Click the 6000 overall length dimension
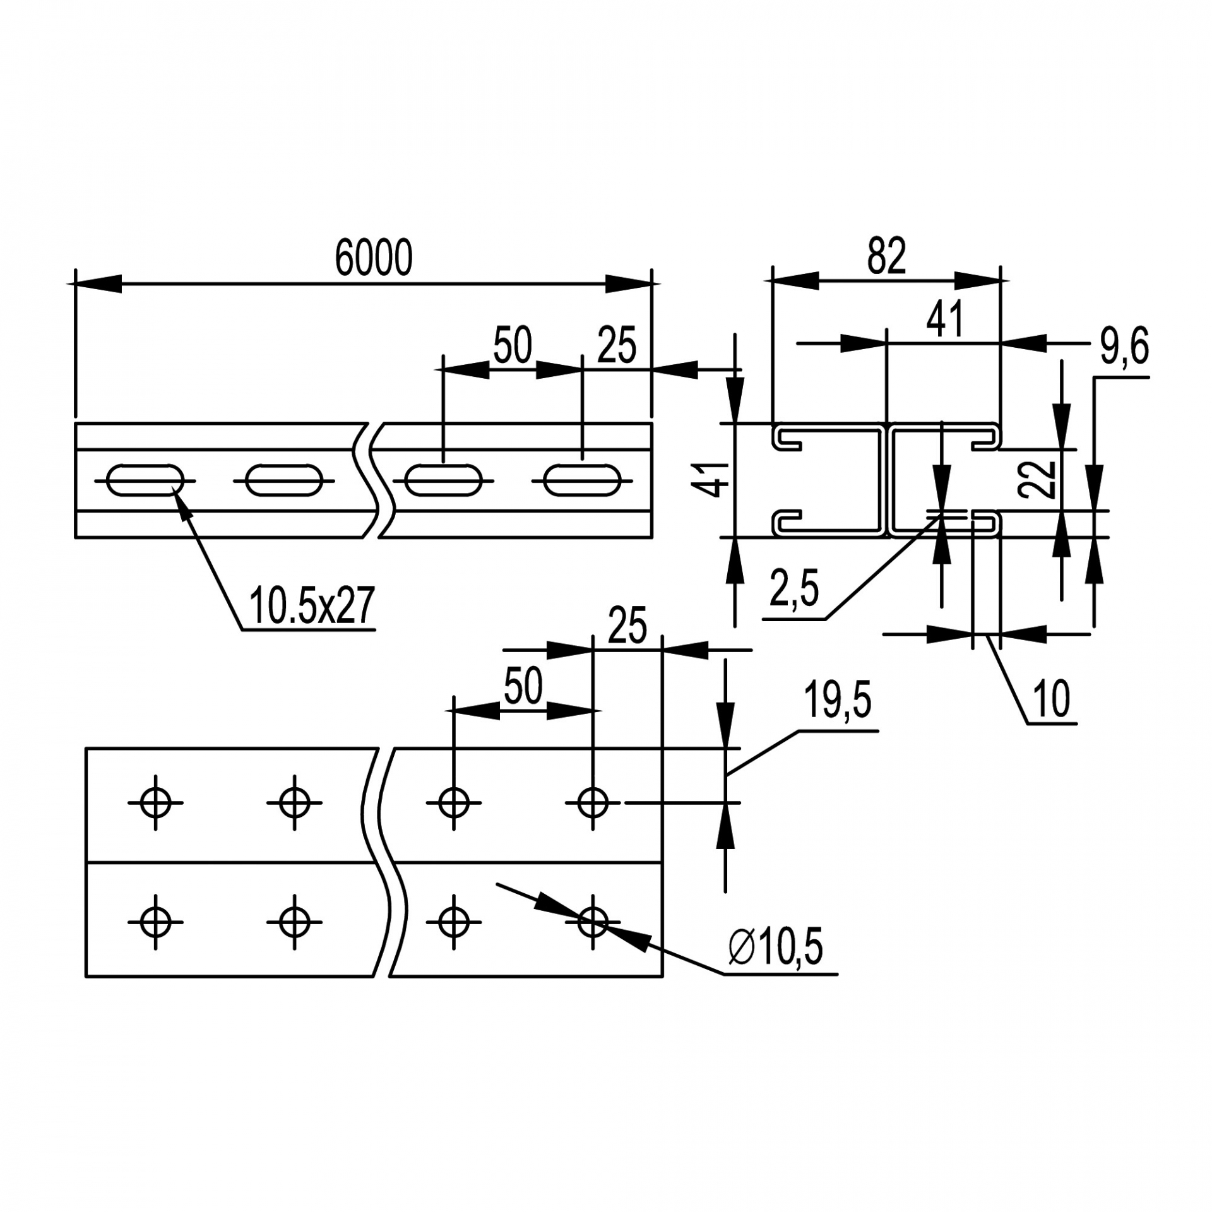[x=373, y=258]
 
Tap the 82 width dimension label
[x=886, y=256]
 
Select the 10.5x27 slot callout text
[x=312, y=605]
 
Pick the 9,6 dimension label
[x=1124, y=347]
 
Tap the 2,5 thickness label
[x=794, y=588]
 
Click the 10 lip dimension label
[x=1052, y=699]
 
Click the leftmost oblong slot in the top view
[x=145, y=480]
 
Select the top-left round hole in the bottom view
[x=155, y=803]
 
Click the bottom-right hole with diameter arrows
[x=592, y=922]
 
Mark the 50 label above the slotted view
[x=513, y=345]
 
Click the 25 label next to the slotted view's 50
[x=617, y=346]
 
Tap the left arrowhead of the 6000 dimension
[x=95, y=283]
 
